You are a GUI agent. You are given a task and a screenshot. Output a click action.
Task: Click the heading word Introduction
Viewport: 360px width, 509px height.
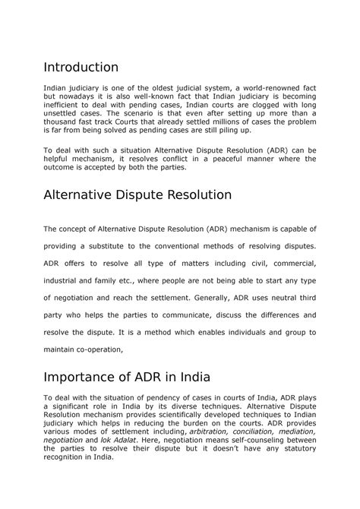[x=81, y=68]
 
